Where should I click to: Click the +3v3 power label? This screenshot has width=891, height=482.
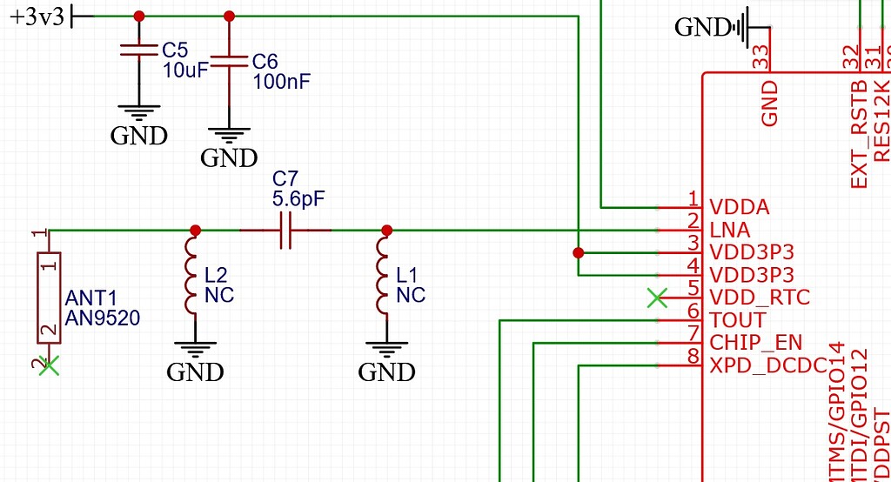[x=37, y=17]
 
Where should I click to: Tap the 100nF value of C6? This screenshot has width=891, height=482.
[x=281, y=83]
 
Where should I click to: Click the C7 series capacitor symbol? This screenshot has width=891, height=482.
[x=285, y=231]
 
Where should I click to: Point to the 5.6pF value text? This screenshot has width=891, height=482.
[x=298, y=198]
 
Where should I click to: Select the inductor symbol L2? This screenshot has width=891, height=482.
[x=193, y=276]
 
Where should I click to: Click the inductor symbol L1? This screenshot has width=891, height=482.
[x=385, y=276]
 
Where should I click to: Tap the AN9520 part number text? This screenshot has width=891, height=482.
[x=102, y=318]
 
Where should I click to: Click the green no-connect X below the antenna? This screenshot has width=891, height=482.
[x=50, y=365]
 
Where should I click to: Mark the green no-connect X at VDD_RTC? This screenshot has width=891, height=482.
[x=657, y=298]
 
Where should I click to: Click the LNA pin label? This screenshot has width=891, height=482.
[x=729, y=231]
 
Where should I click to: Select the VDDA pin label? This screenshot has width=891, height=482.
[x=740, y=208]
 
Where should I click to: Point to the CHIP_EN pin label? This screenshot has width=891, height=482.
[x=756, y=342]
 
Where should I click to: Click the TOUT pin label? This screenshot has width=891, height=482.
[x=737, y=319]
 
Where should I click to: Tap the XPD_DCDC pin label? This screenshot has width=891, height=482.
[x=767, y=365]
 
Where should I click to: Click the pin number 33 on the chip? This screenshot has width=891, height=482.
[x=761, y=57]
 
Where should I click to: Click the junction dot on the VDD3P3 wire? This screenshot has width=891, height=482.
[x=578, y=253]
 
